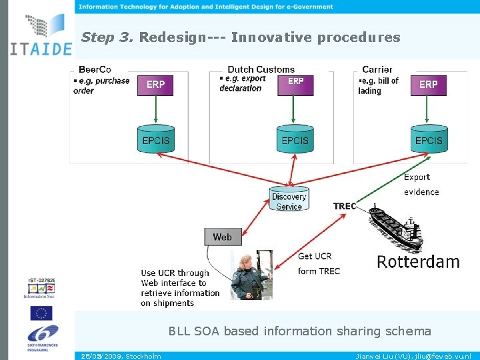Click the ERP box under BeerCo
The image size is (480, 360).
pos(155,85)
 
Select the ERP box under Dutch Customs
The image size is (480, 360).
pos(295,85)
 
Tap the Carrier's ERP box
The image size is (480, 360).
pos(428,85)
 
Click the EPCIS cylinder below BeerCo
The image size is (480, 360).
pos(156,139)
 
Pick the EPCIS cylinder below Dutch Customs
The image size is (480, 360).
pos(295,139)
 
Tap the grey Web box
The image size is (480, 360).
pos(223,237)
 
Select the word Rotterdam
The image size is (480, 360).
pos(418,261)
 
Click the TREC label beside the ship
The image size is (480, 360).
pos(345,207)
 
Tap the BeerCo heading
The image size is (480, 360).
pos(95,69)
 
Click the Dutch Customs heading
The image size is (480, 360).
pos(261,69)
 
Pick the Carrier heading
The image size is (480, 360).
pos(377,69)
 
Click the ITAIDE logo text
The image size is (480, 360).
pos(41,49)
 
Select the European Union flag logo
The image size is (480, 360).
pos(41,313)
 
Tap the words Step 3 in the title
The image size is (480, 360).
pos(107,37)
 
